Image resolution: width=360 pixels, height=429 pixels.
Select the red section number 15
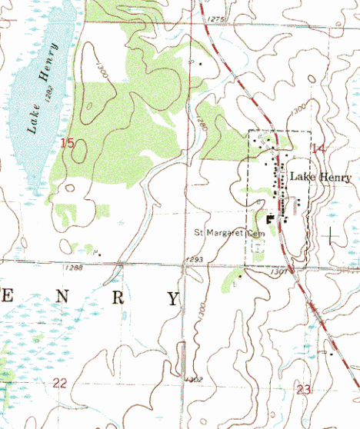click(x=68, y=143)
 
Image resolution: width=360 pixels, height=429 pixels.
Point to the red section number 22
click(x=60, y=383)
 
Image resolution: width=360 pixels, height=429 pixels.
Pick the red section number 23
click(x=303, y=390)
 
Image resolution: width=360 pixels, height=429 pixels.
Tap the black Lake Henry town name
click(x=321, y=178)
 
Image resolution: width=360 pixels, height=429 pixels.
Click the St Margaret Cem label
click(x=228, y=231)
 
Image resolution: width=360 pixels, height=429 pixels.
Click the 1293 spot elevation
click(x=194, y=260)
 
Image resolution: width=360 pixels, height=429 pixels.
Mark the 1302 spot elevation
click(x=194, y=379)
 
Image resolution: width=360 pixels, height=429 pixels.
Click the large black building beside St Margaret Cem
click(x=269, y=219)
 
